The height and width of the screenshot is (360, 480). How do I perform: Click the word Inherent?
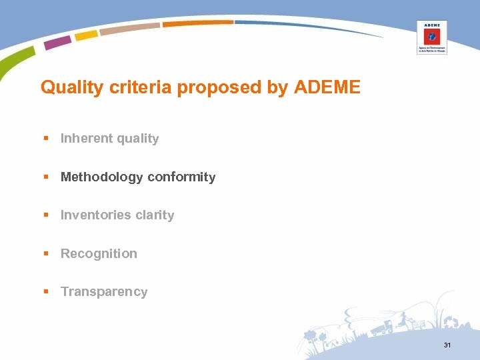pyautogui.click(x=86, y=139)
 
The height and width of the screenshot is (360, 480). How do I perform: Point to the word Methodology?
pyautogui.click(x=101, y=177)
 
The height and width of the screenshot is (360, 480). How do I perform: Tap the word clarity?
pyautogui.click(x=154, y=215)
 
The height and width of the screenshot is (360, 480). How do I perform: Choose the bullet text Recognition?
pyautogui.click(x=99, y=254)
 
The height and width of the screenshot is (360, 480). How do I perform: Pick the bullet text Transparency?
pyautogui.click(x=104, y=292)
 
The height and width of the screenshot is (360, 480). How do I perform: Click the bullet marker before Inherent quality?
pyautogui.click(x=46, y=139)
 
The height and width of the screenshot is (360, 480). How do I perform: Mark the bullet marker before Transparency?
pyautogui.click(x=46, y=292)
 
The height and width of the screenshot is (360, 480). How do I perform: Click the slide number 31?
pyautogui.click(x=447, y=345)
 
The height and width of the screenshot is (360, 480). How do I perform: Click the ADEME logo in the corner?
pyautogui.click(x=431, y=37)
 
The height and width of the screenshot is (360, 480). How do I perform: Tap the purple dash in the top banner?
pyautogui.click(x=58, y=43)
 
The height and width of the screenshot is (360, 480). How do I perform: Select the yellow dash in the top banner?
pyautogui.click(x=86, y=35)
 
